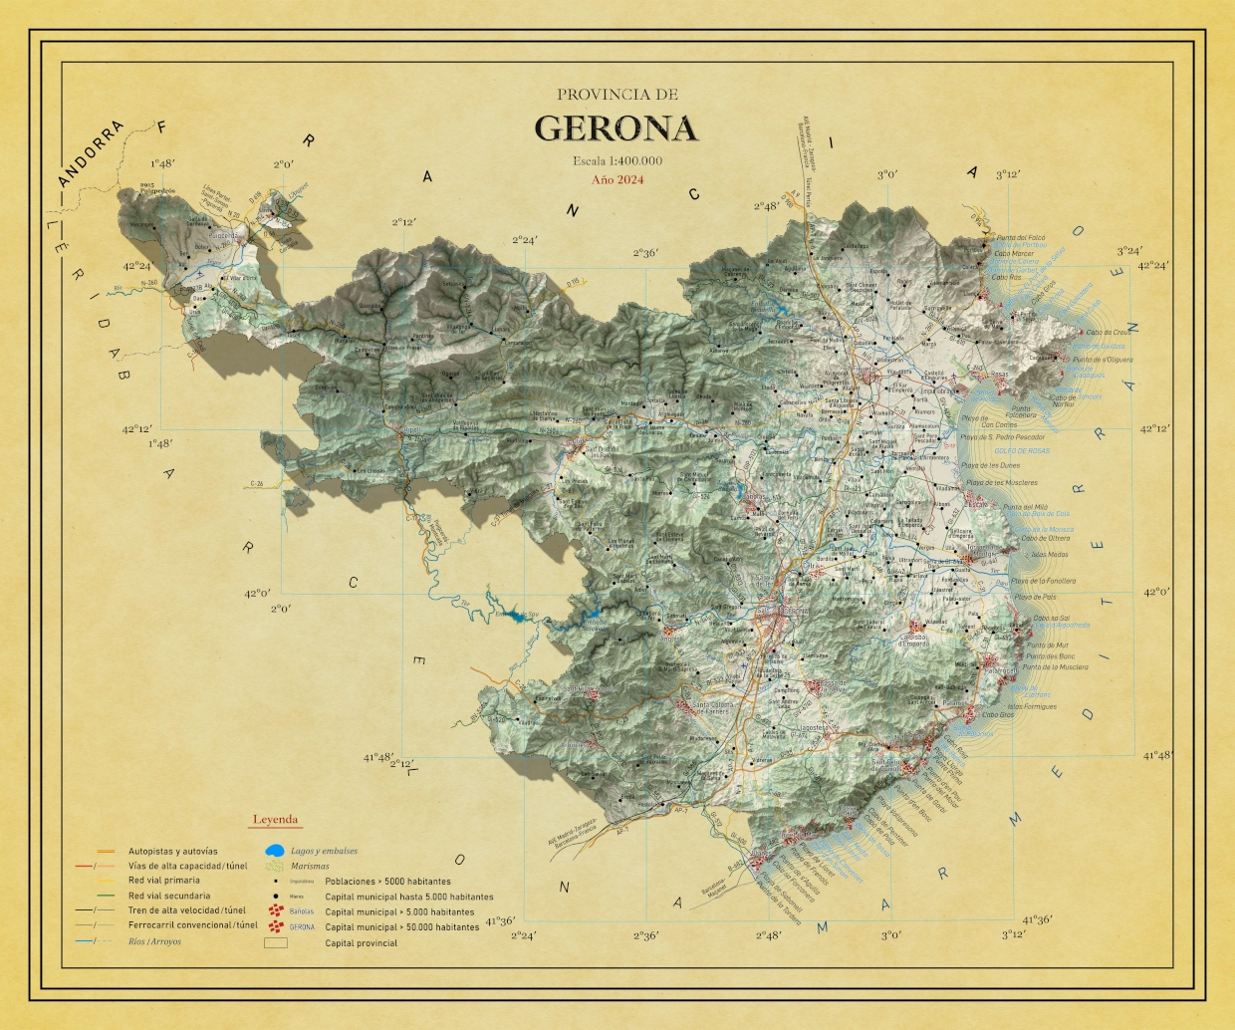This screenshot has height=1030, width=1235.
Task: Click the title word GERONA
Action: pos(616,129)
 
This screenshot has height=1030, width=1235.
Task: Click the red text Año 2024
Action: pos(617,180)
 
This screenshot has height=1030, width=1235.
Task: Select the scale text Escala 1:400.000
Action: pos(617,160)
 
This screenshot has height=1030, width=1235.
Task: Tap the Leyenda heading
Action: pos(275,820)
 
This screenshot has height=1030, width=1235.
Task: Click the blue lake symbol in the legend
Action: pos(274,852)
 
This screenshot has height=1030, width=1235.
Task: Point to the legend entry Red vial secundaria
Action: pos(169,896)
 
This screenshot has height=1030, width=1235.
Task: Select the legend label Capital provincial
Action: pos(361,943)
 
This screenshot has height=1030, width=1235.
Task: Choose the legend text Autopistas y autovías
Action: pos(172,851)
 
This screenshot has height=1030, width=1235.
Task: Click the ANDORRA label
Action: pos(91,153)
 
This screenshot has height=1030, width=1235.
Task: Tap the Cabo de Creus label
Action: pos(1108,333)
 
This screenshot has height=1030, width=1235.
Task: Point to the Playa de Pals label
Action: pos(1035,597)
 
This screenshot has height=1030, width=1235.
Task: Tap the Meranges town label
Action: pos(142,224)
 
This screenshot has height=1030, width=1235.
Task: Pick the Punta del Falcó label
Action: pos(1021,238)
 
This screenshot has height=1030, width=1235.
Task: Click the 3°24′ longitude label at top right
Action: pos(1128,251)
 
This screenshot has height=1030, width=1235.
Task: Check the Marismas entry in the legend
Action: pos(310,867)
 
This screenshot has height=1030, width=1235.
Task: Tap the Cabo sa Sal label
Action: pos(1051,618)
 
